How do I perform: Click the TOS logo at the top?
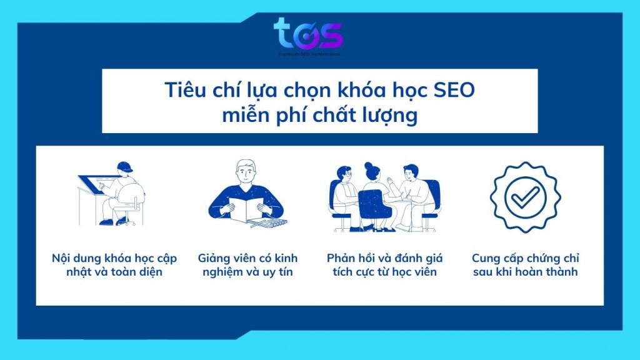[308, 35]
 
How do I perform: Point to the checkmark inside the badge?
[525, 197]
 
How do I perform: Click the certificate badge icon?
[525, 197]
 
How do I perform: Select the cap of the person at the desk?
[124, 167]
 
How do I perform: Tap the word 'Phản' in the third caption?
[342, 257]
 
